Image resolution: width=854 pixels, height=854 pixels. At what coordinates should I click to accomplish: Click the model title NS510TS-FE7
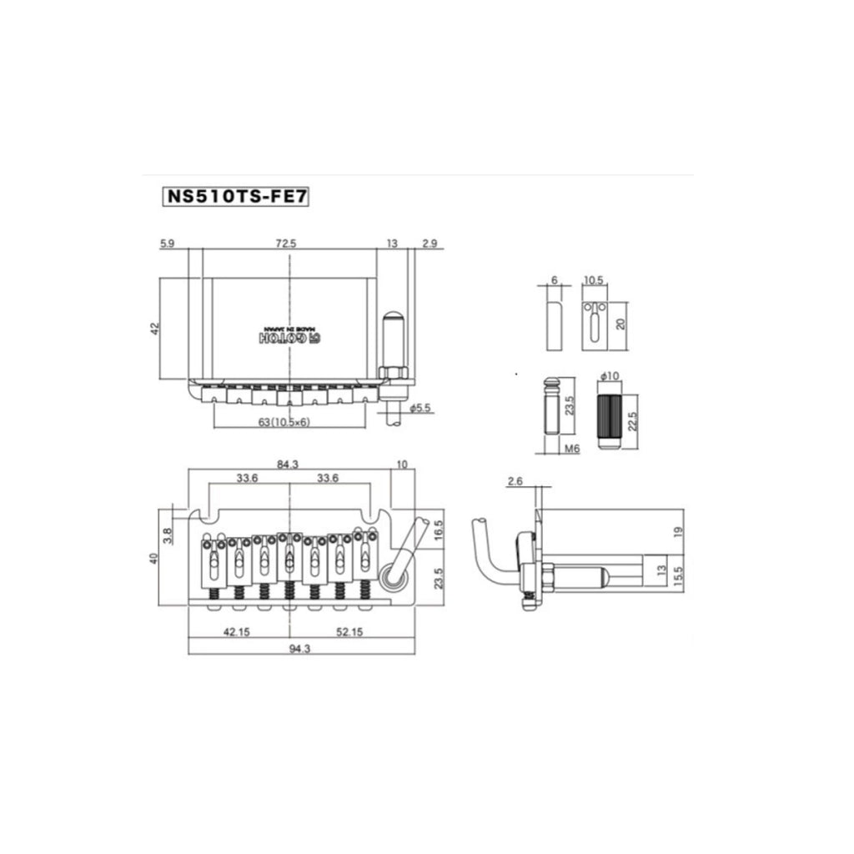(236, 196)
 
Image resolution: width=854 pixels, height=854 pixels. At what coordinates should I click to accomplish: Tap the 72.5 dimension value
(286, 244)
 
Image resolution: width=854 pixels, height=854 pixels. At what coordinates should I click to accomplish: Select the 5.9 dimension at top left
(167, 244)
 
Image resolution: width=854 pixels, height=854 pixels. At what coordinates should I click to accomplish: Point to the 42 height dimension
(155, 329)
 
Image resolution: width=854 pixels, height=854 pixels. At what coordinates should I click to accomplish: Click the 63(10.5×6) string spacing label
(284, 422)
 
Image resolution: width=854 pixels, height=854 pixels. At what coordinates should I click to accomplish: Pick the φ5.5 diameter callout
(420, 407)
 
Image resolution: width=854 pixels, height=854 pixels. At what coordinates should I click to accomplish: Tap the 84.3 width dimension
(288, 464)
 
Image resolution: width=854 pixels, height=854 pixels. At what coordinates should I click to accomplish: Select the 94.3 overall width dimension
(299, 649)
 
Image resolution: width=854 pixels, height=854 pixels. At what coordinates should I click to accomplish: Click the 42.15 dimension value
(236, 632)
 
